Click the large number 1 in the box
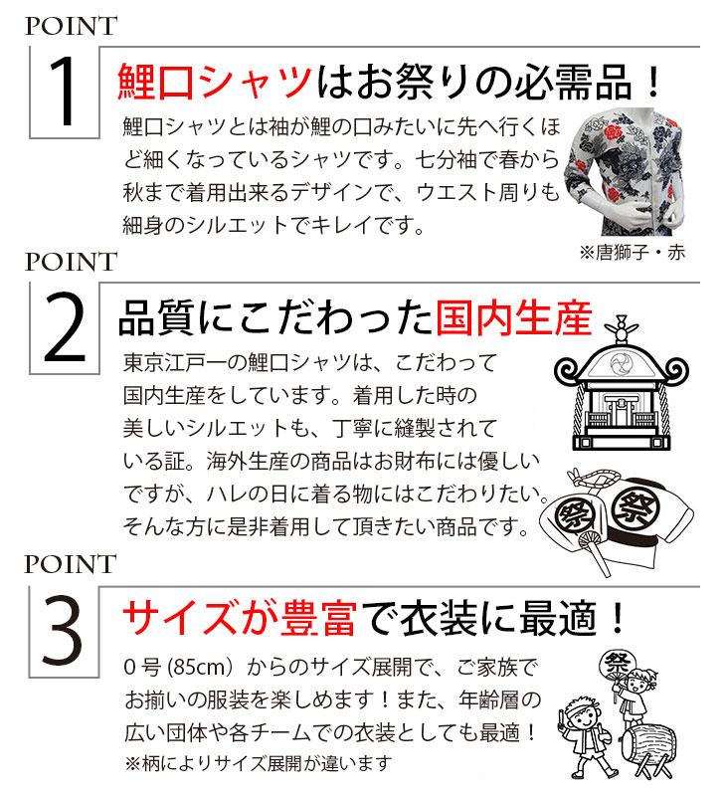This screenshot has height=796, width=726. [x=64, y=92]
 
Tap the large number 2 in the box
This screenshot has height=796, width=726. [x=65, y=327]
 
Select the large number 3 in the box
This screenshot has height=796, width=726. [x=63, y=631]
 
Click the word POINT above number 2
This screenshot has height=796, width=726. [x=71, y=262]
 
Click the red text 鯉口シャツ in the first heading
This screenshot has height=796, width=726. [x=215, y=82]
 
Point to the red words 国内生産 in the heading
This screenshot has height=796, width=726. [x=514, y=318]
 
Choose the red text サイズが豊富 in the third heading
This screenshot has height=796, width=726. [x=240, y=617]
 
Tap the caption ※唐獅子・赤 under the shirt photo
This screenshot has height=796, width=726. [x=633, y=253]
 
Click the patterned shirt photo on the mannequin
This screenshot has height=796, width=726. [x=625, y=170]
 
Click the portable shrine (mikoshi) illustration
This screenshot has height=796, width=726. [x=621, y=386]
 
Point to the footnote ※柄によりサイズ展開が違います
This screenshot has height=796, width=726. [x=259, y=763]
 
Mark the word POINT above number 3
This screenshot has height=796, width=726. [x=71, y=564]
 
